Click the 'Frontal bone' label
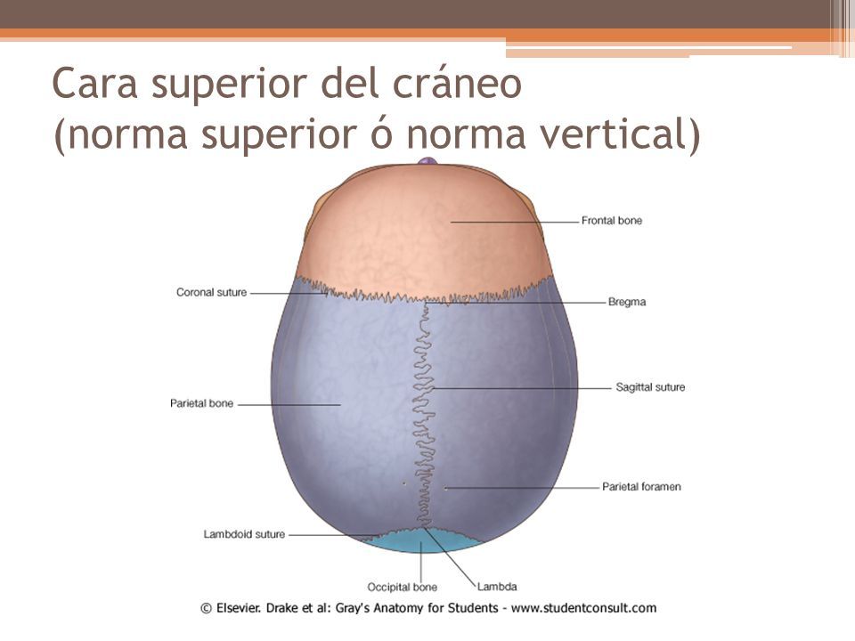[x=611, y=221]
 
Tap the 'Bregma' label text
[x=626, y=302]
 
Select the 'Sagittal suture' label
[x=650, y=387]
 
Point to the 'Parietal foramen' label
[x=641, y=487]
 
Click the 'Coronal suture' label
[x=212, y=293]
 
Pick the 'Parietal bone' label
[x=202, y=404]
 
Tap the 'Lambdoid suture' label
[x=244, y=535]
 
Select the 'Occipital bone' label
[x=402, y=588]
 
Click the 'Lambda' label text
[x=497, y=587]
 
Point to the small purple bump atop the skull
[x=427, y=161]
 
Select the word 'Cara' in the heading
[x=94, y=84]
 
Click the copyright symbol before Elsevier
[x=206, y=609]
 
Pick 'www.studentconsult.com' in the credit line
[x=583, y=608]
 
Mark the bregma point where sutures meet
[x=426, y=302]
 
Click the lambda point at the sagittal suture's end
[x=422, y=528]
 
